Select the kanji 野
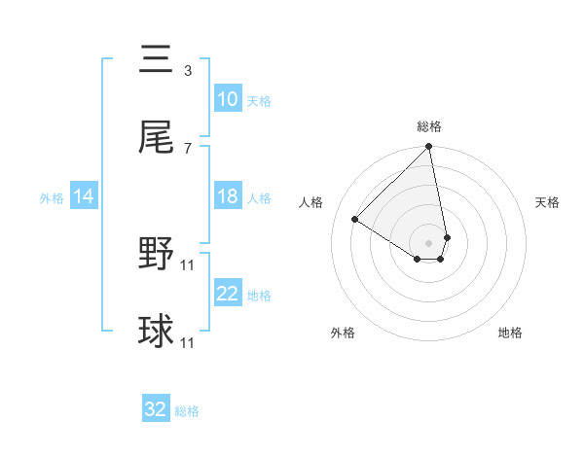pos(156,256)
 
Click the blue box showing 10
pos(228,99)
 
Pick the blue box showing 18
pos(228,196)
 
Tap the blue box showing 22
pos(228,294)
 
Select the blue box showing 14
pos(84,196)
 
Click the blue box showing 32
pos(156,409)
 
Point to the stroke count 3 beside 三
pos(188,71)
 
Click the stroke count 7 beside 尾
pos(188,148)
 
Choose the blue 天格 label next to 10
pos(259,100)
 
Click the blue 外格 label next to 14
pos(52,197)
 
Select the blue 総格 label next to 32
pos(187,410)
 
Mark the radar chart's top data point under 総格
pos(428,148)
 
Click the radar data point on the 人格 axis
pos(355,219)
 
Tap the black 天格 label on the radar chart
pos(547,202)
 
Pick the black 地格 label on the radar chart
pos(510,333)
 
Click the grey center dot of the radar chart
pos(428,241)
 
